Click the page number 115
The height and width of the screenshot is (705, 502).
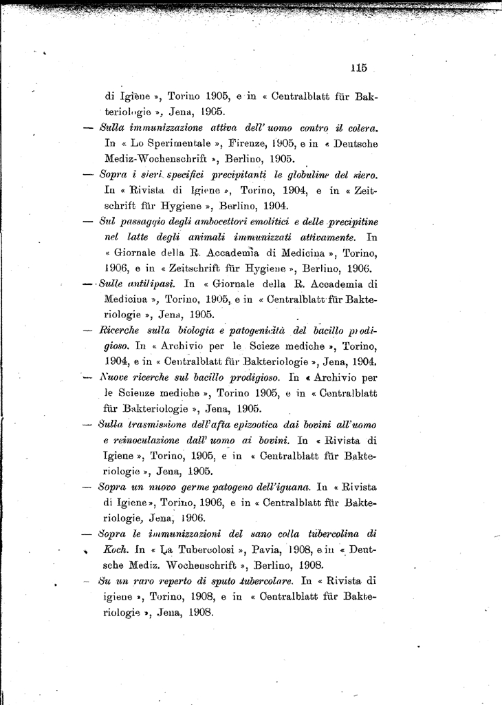(x=358, y=67)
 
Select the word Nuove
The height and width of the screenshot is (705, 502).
(x=115, y=377)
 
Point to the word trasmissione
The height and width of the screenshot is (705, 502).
(x=160, y=424)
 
